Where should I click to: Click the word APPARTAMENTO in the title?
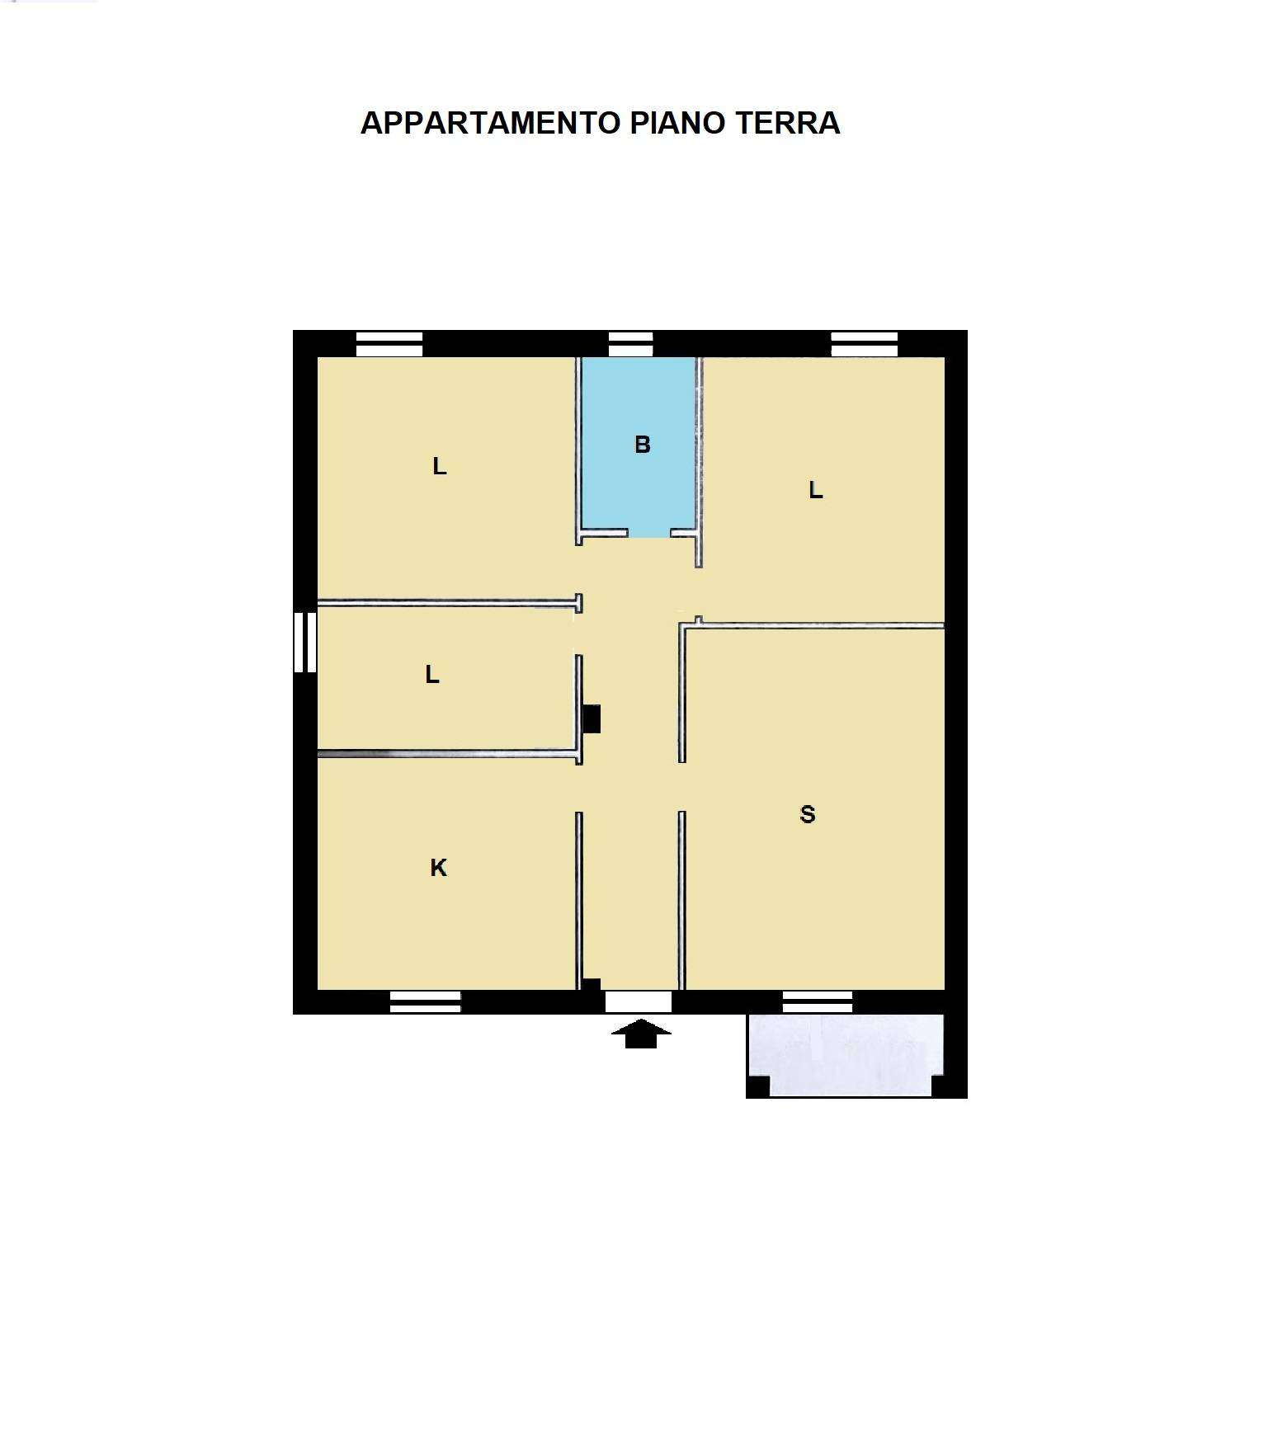tap(490, 123)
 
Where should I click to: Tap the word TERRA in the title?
tap(787, 123)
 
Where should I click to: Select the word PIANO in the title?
tap(677, 123)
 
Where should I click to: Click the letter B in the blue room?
tap(643, 445)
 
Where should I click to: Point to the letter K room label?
tap(439, 868)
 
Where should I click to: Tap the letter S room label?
tap(808, 815)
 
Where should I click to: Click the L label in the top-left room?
tap(440, 467)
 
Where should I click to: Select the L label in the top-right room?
tap(816, 491)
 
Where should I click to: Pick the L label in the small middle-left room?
tap(432, 676)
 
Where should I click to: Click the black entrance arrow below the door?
tap(641, 1034)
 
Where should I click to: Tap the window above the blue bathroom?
tap(630, 343)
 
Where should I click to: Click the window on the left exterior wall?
tap(305, 642)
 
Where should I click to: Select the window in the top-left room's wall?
tap(389, 343)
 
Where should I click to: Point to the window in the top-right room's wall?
tap(864, 343)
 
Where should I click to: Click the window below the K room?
tap(425, 1001)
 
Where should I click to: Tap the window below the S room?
tap(818, 1001)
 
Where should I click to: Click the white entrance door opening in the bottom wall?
tap(639, 1001)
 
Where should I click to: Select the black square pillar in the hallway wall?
tap(592, 718)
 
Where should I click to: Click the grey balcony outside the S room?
tap(846, 1055)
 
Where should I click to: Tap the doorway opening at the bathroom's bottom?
tap(649, 535)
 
